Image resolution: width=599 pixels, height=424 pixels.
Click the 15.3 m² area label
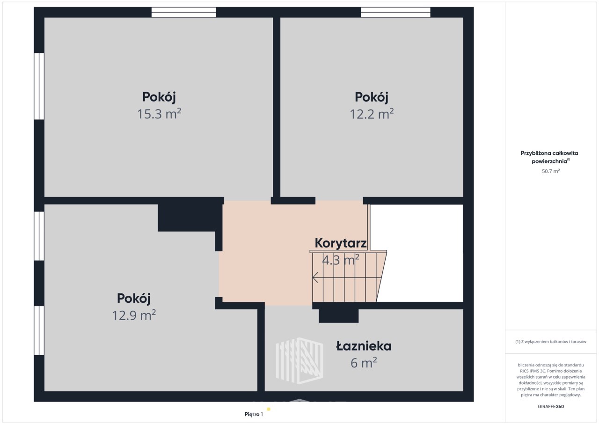159,114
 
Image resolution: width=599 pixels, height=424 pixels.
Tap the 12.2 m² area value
372,114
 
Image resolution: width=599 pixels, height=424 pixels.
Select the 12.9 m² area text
134,315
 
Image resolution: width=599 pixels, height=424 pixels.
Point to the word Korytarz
340,243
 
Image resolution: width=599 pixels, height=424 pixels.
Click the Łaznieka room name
364,346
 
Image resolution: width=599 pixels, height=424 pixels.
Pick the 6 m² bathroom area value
364,363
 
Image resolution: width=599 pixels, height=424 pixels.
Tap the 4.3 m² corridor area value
340,260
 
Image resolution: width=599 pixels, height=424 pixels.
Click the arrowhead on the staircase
315,278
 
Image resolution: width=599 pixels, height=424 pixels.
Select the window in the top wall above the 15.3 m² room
184,12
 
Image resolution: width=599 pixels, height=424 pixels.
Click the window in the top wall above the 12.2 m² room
395,12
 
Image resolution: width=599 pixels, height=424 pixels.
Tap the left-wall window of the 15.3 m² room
39,86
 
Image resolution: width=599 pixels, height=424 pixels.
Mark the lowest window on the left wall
39,330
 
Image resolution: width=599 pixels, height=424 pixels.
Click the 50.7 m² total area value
551,171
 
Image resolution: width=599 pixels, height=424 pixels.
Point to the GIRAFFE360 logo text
551,407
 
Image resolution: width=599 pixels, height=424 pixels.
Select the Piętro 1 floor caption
254,414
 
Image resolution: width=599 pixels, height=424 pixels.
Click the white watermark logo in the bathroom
299,361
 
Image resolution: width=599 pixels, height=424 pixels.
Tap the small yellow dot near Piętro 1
269,409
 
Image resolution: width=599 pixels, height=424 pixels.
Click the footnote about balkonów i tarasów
551,342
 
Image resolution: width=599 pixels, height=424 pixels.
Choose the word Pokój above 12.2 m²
372,97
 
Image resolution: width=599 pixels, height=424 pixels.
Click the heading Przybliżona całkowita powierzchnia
549,157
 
